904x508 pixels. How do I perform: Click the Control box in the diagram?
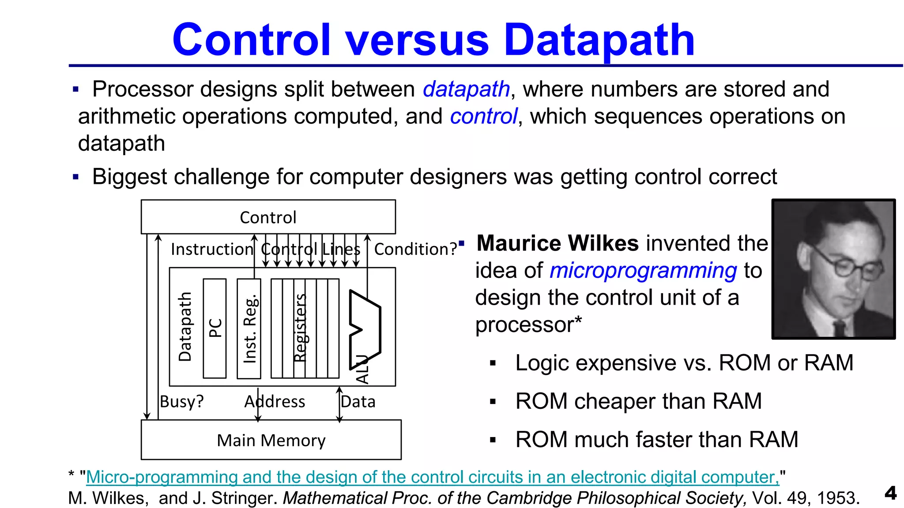(x=268, y=217)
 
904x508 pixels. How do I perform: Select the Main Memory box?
(x=271, y=440)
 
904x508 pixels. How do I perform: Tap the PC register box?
(x=215, y=328)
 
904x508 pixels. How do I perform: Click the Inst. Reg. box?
(x=249, y=328)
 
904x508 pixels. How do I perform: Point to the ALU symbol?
(x=365, y=329)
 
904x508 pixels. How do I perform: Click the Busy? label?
(x=181, y=402)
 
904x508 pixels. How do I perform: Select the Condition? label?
(x=415, y=250)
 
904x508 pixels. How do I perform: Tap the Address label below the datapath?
(x=275, y=402)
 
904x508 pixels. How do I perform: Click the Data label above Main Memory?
(x=358, y=402)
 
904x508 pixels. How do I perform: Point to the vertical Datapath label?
(x=185, y=327)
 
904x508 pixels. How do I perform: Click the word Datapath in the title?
(x=599, y=41)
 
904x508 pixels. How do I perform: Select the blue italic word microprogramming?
(x=643, y=271)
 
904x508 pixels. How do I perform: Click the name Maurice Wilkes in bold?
(x=557, y=243)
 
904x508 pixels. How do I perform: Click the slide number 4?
(x=891, y=493)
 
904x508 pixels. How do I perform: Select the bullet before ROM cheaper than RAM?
(x=493, y=402)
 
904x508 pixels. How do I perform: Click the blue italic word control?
(x=483, y=117)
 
